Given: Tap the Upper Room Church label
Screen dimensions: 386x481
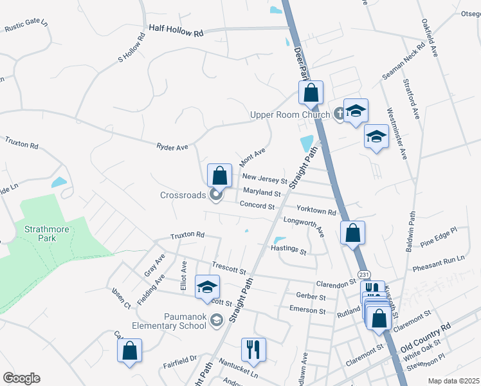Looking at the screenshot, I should point(289,115).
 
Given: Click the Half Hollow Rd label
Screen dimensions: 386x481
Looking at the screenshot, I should point(176,30).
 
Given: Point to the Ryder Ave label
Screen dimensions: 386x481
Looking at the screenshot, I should point(172,147).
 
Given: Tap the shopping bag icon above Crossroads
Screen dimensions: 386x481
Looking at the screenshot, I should point(219,175).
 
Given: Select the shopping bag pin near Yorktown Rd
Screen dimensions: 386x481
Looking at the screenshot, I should point(352,233).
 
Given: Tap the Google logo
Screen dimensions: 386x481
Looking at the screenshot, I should point(21,378).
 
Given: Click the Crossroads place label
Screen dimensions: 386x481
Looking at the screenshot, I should point(183,194).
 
